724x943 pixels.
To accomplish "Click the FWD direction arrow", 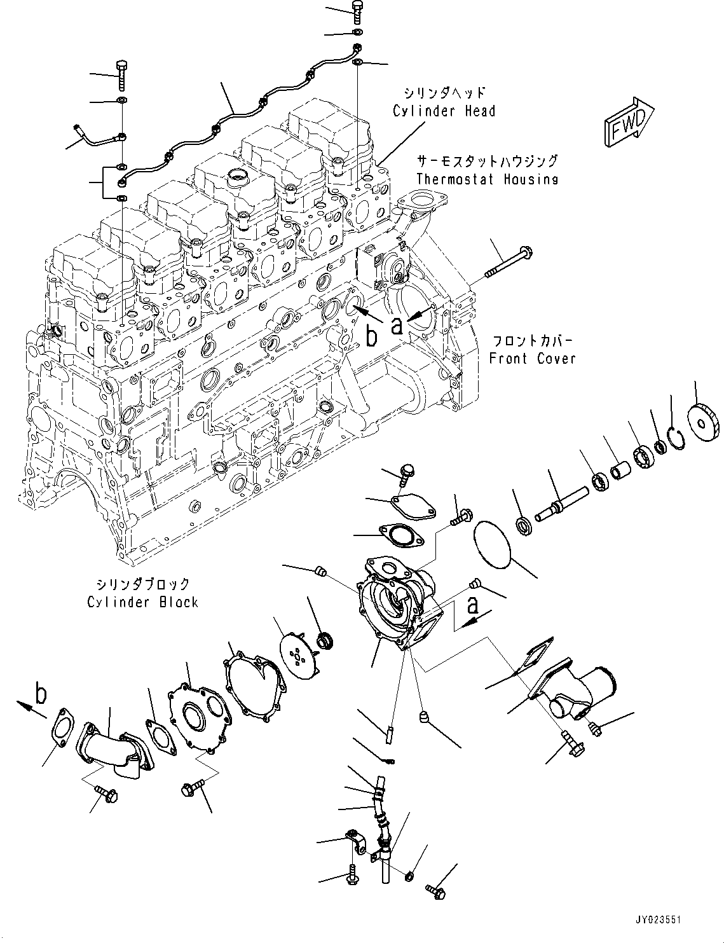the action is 629,122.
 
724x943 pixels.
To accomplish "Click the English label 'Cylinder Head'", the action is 444,111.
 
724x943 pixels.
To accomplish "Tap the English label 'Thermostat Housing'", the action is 487,179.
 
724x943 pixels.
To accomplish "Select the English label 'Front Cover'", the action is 532,359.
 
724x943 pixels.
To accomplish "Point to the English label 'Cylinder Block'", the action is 143,602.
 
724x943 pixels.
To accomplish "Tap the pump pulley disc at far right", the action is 703,422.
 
